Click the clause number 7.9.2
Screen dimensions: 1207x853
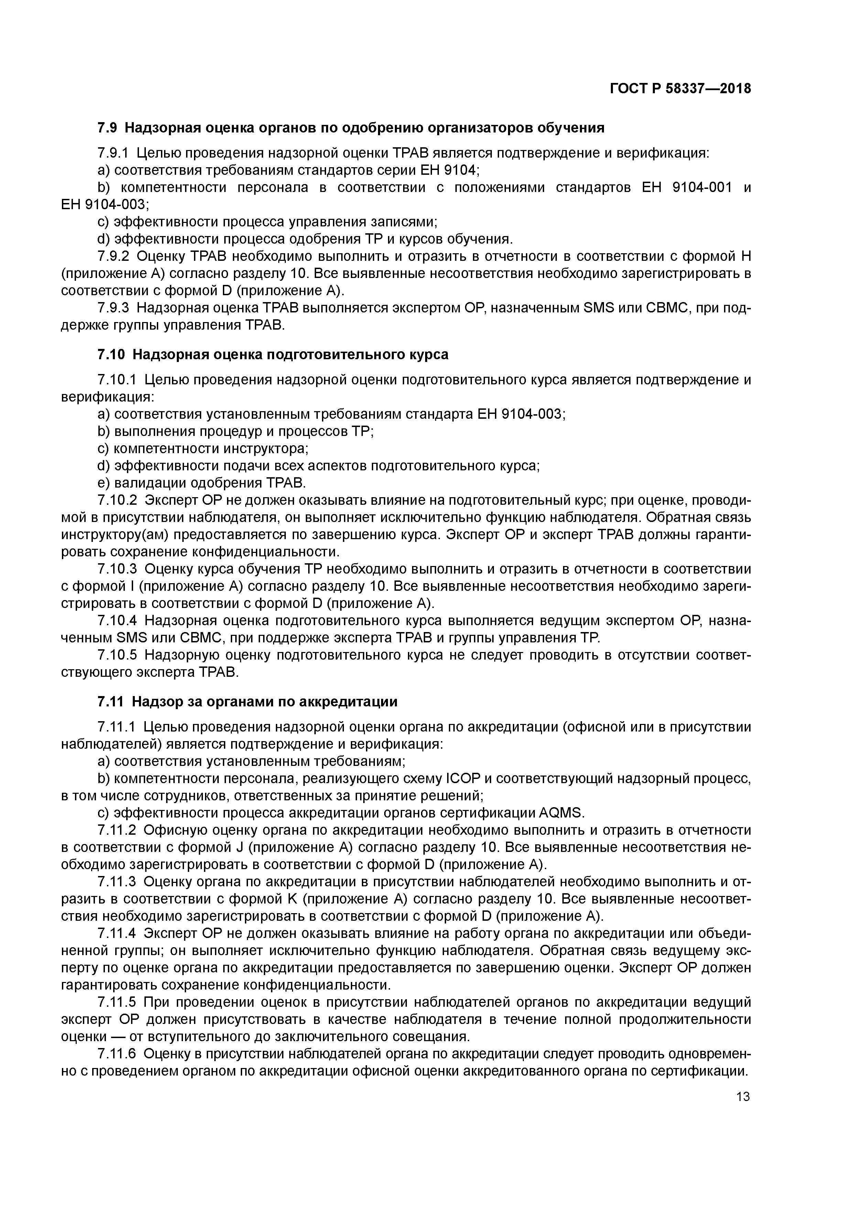[x=113, y=257]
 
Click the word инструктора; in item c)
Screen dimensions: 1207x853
[x=266, y=448]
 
